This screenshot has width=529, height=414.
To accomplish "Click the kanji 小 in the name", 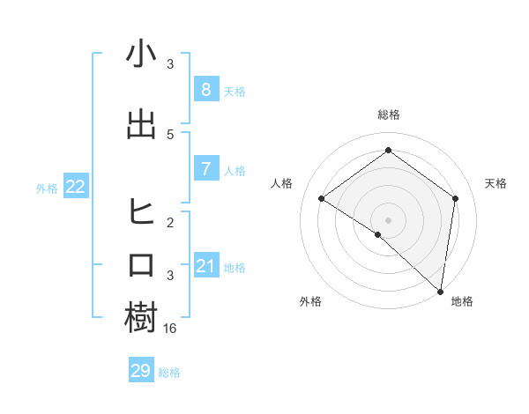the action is (141, 55).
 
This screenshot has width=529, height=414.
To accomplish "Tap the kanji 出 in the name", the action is (141, 125).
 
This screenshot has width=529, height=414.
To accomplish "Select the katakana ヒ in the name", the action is (141, 212).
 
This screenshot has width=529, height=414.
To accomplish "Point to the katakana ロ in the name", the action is (141, 265).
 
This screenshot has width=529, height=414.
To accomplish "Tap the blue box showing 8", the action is (205, 89).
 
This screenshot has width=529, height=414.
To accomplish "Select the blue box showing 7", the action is (205, 168).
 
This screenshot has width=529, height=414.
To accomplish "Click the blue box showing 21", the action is (205, 265).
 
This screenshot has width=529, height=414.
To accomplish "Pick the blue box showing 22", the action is (76, 186).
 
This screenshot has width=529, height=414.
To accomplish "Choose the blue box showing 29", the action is (141, 371).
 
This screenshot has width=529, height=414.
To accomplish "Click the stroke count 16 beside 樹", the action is (171, 328).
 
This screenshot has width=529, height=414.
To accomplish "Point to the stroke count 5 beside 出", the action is (170, 134).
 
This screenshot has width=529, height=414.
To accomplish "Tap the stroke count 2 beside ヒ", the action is (170, 222).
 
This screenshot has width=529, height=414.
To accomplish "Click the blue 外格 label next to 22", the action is (47, 188).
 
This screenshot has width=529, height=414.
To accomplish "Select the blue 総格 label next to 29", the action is (169, 373).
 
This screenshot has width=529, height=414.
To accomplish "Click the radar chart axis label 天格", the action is (495, 183).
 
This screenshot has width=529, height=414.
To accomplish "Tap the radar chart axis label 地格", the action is (462, 301).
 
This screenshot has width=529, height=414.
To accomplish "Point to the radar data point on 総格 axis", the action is (388, 150).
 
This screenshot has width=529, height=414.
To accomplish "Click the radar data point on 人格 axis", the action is (322, 199).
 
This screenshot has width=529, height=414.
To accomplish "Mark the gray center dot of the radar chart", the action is (388, 219).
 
